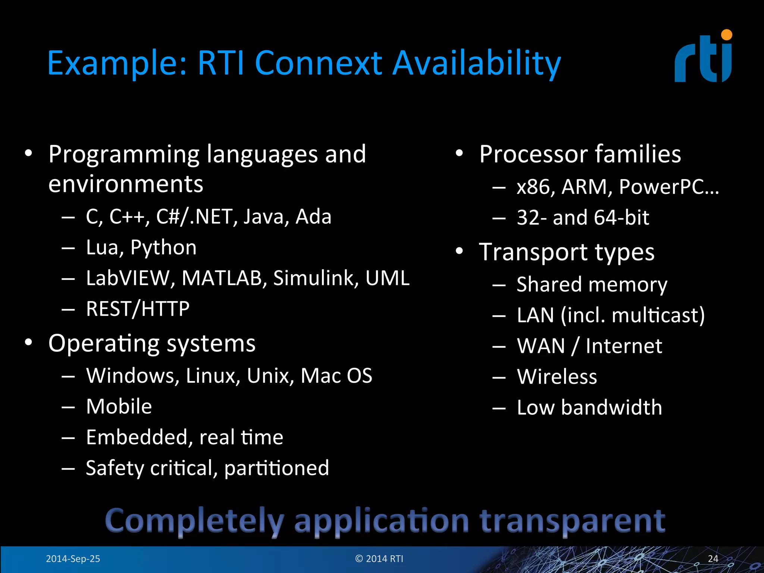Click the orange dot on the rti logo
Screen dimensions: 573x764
click(726, 35)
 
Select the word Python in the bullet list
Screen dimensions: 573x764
click(163, 248)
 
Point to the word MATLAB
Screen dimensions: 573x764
click(222, 278)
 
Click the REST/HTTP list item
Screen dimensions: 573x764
click(138, 309)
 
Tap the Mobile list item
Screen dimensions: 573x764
click(119, 406)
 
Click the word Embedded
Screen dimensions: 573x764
click(137, 437)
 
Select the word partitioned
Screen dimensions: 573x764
click(276, 469)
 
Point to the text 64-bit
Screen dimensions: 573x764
click(621, 217)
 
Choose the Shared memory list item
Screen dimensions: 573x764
click(592, 285)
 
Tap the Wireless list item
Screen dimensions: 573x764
click(557, 377)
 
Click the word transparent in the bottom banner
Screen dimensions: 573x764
click(572, 521)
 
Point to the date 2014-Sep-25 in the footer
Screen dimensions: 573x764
click(73, 559)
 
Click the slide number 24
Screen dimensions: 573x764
click(713, 559)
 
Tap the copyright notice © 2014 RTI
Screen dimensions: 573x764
click(379, 559)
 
